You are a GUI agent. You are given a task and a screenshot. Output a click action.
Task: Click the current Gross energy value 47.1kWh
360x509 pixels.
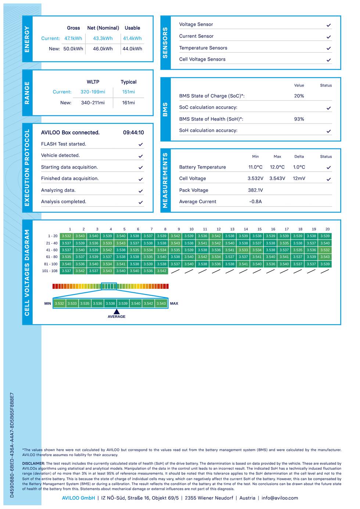point(73,38)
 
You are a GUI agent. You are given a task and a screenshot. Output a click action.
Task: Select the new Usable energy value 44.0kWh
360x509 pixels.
point(132,49)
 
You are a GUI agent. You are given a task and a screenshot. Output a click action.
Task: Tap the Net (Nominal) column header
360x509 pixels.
point(103,28)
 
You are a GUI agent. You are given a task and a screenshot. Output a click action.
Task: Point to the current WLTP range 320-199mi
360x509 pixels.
point(93,92)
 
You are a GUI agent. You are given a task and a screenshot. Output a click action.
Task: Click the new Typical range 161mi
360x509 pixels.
point(129,103)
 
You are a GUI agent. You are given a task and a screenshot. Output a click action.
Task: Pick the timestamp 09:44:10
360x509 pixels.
point(133,133)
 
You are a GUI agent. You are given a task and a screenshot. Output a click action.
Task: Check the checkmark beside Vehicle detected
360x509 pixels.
point(141,156)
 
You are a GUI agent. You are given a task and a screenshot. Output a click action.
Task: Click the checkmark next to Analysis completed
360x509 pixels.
point(141,202)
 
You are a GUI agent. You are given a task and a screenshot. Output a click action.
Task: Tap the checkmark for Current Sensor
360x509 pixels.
point(329,37)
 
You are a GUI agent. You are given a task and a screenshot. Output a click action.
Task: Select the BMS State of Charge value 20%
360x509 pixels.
point(299,96)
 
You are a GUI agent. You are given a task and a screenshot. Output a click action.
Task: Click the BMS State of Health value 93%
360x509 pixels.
point(299,119)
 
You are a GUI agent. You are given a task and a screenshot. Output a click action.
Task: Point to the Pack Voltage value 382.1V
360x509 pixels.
point(255,190)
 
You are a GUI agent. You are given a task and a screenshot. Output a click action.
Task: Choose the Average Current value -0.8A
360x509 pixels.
point(255,201)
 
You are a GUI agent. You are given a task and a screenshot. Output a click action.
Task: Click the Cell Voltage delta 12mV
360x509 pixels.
point(299,179)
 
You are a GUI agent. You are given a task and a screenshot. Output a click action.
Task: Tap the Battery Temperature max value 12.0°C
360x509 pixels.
point(277,167)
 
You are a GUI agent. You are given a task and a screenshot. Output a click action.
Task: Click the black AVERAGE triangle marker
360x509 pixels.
point(116,311)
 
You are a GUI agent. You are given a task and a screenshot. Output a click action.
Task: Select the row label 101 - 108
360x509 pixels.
point(50,271)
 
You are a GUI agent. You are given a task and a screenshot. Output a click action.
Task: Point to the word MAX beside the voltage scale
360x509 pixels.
point(174,304)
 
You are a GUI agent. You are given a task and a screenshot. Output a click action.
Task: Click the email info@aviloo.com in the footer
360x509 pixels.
point(280,498)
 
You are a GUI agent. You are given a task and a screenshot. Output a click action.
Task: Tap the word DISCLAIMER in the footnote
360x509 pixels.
point(33,463)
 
